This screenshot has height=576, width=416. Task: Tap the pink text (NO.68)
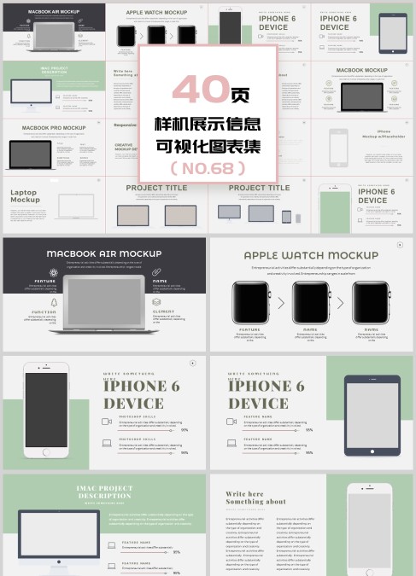[x=208, y=168]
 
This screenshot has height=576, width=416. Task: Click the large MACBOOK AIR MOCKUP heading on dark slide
[x=103, y=253]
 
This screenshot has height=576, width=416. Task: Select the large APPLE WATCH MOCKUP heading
[x=311, y=255]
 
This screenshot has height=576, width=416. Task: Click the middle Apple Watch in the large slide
[x=310, y=302]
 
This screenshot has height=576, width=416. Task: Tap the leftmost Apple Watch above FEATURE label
[x=249, y=302]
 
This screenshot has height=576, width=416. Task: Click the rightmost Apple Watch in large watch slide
[x=371, y=302]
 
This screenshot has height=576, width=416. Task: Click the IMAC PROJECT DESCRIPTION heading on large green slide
[x=104, y=492]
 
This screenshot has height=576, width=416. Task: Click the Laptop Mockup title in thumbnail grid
[x=26, y=196]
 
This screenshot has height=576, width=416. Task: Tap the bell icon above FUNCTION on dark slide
[x=53, y=302]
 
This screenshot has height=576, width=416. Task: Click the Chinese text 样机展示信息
[x=208, y=124]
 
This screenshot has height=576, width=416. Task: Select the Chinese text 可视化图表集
[x=208, y=145]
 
